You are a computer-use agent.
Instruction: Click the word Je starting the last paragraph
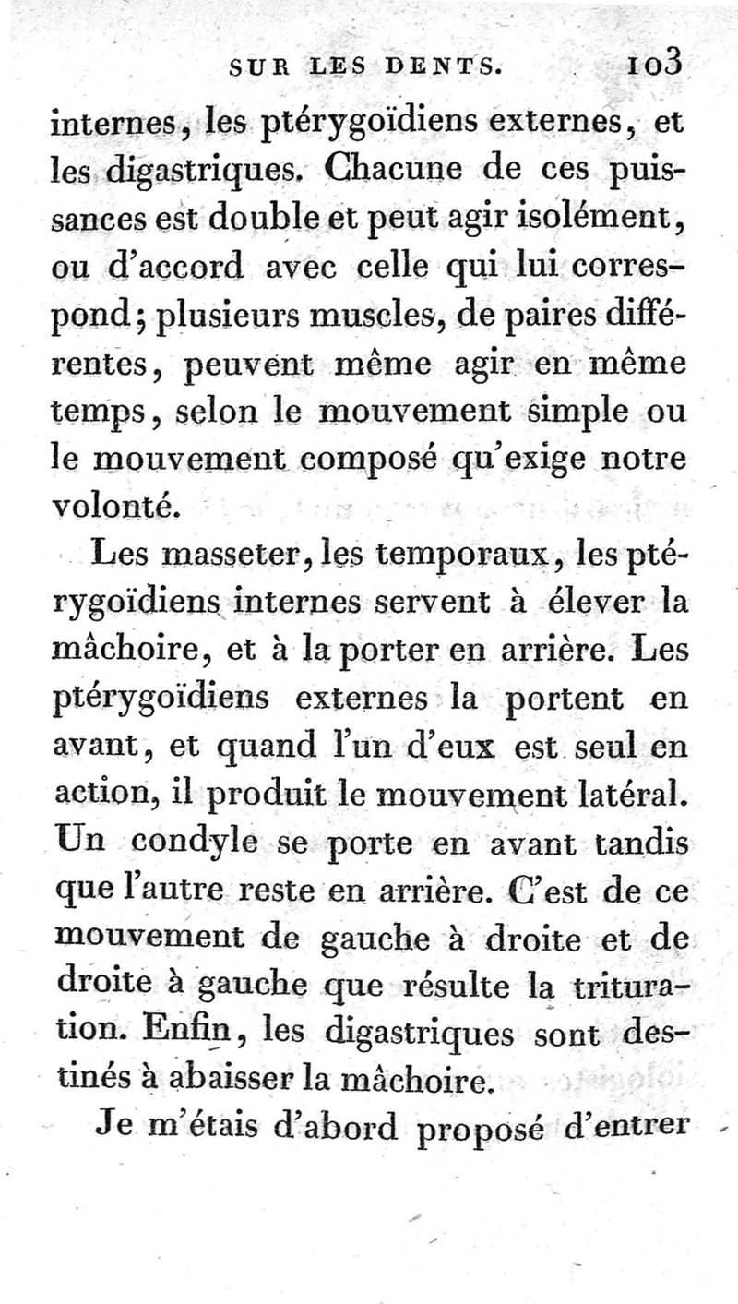[x=111, y=1128]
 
